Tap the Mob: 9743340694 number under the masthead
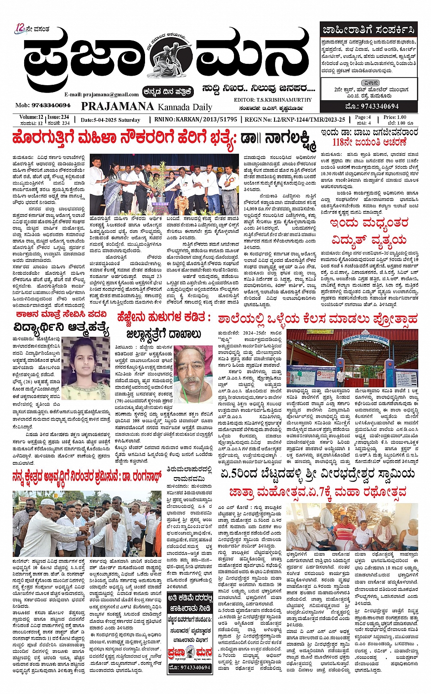pos(43,105)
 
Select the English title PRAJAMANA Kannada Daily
pos(146,107)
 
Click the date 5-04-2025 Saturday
pos(110,120)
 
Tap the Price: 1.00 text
pos(394,117)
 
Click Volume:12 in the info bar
pos(31,117)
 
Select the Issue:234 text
pos(58,117)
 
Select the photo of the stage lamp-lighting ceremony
pos(164,185)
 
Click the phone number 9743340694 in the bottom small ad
pos(189,667)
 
